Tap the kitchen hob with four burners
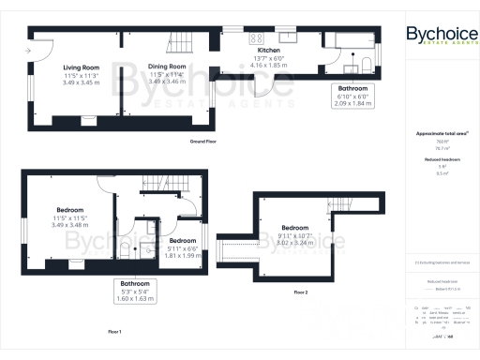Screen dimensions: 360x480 click(x=255, y=38)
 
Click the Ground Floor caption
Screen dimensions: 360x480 click(x=203, y=141)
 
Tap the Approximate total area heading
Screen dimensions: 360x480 click(x=437, y=134)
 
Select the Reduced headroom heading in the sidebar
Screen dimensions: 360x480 click(x=437, y=160)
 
